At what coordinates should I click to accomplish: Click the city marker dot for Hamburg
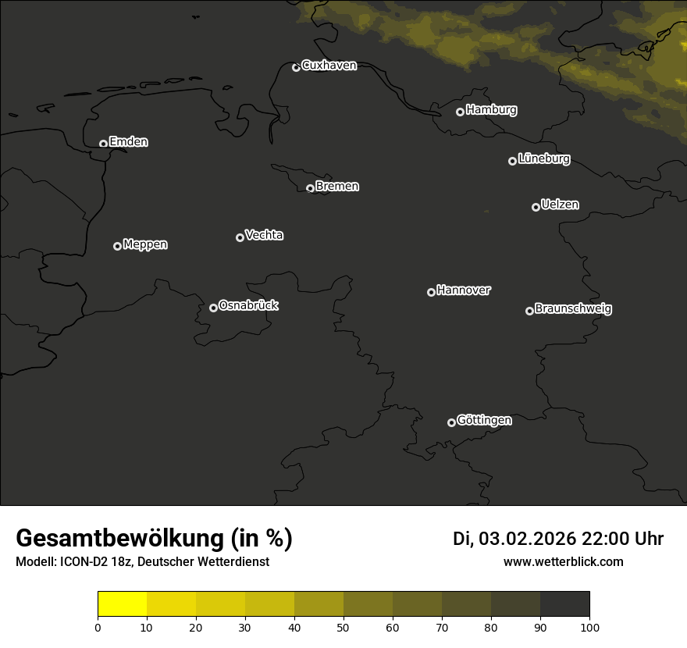pos(460,112)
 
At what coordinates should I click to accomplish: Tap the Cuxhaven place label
pos(329,66)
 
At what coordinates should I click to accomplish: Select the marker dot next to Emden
pos(103,144)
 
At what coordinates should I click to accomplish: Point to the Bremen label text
pos(337,187)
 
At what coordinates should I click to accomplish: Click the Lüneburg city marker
pos(512,161)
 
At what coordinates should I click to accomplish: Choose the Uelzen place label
pos(560,205)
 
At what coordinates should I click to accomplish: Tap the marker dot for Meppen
pos(117,246)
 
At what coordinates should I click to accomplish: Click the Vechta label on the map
pos(264,235)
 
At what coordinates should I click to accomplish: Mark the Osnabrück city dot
pos(213,308)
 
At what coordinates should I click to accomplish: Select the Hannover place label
pos(464,290)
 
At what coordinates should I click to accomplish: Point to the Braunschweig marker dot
pos(529,311)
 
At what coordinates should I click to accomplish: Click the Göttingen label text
pos(484,421)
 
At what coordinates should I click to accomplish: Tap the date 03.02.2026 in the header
pos(527,539)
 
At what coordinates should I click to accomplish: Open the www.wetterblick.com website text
pos(564,561)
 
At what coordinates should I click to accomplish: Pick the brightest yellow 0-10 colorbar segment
pos(122,604)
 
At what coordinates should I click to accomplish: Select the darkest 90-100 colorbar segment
pos(564,604)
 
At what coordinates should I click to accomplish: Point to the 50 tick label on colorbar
pos(343,627)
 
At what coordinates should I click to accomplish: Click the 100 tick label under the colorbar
pos(589,627)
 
